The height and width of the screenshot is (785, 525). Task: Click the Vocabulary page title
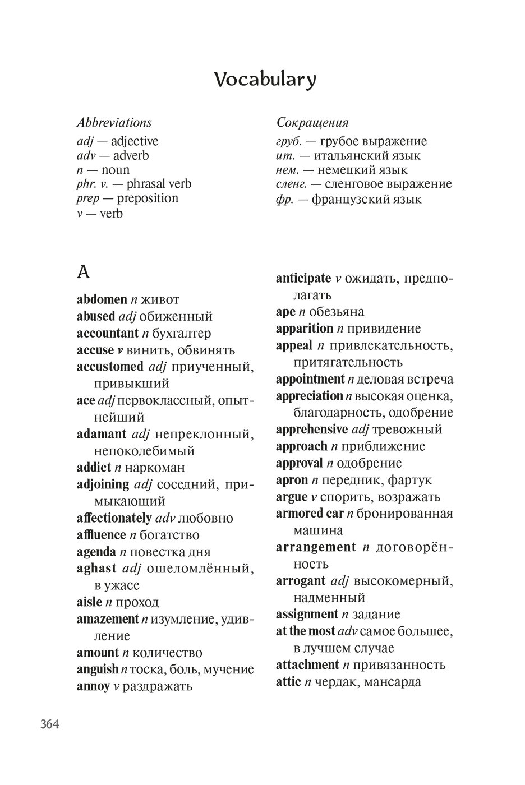pos(265,80)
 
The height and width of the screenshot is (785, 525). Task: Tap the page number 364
pos(49,724)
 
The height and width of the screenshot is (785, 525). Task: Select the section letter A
pos(83,273)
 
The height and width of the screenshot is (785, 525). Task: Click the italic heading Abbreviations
pos(114,122)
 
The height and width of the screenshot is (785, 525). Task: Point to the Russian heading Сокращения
pos(312,122)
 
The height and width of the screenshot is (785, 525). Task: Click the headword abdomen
pos(102,299)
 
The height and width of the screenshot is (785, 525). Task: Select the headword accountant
pos(107,333)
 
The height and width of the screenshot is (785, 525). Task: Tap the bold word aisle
pos(89,602)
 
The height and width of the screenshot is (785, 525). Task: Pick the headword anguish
pos(97,669)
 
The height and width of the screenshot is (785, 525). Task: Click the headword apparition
pos(305,329)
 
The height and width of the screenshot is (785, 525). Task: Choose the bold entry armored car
pos(309,514)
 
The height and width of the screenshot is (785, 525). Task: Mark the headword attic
pos(288,682)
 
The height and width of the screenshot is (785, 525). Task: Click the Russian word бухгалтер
pos(177,333)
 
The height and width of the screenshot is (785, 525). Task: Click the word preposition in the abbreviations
pos(148,198)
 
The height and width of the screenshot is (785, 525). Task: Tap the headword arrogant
pos(300,581)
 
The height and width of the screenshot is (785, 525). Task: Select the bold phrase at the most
pos(306,631)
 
